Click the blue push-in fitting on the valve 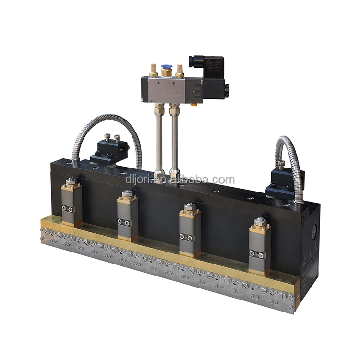(x=165, y=70)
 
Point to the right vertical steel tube (x=175, y=141)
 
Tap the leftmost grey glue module (x=72, y=202)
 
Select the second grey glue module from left (x=128, y=216)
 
